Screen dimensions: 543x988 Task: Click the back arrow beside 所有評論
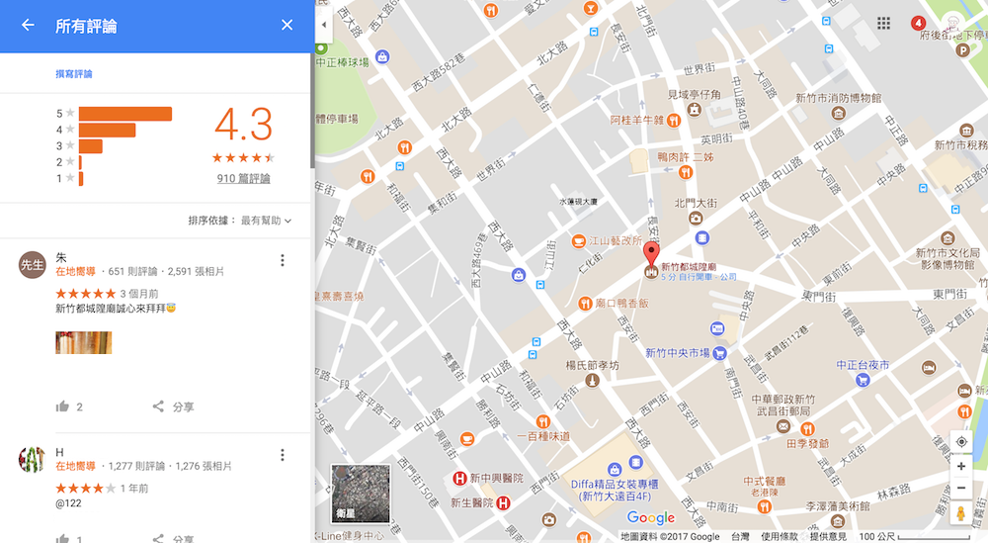[x=28, y=25]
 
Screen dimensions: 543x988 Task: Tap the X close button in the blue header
[x=287, y=25]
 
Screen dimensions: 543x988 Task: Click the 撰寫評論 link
[x=74, y=74]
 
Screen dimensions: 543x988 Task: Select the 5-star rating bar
[x=124, y=114]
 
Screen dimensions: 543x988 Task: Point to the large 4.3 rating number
[x=243, y=125]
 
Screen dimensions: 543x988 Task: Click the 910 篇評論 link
[x=243, y=178]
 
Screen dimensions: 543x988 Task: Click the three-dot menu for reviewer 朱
[x=283, y=260]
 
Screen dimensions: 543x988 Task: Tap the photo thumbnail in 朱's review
[x=83, y=342]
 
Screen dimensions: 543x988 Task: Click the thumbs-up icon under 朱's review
[x=63, y=407]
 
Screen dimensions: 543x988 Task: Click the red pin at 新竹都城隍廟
[x=651, y=252]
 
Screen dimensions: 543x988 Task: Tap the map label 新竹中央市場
[x=678, y=353]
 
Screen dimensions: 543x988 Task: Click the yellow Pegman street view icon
[x=960, y=514]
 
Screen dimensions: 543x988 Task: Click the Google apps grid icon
[x=883, y=24]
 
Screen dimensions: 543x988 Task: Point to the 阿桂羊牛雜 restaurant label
[x=636, y=121]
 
